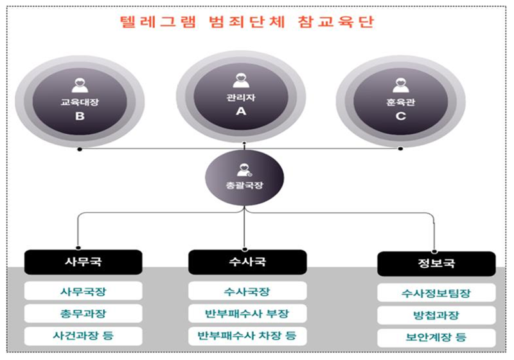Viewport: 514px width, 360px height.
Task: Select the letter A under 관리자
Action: click(x=240, y=111)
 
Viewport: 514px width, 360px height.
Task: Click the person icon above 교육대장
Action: click(x=80, y=85)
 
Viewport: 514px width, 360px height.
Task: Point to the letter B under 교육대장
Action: click(x=80, y=117)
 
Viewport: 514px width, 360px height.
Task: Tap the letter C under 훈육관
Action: click(x=400, y=117)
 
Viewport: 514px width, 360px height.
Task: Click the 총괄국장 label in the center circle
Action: click(x=244, y=185)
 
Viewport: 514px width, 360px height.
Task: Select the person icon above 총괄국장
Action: click(x=244, y=170)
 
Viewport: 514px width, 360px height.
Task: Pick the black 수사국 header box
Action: click(x=247, y=262)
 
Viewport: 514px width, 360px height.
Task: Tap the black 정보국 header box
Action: click(x=436, y=264)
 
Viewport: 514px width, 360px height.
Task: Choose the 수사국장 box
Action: click(x=247, y=291)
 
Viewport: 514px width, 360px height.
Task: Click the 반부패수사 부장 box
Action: click(x=247, y=314)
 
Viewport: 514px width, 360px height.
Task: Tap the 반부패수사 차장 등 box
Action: click(x=247, y=336)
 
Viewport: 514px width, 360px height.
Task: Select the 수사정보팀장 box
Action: click(x=436, y=294)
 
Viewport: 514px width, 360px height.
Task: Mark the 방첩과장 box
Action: click(x=436, y=316)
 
